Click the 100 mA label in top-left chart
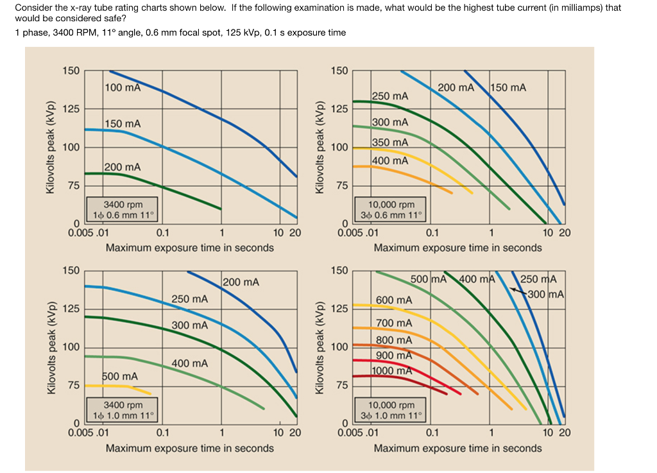point(123,87)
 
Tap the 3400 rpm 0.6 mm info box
point(123,210)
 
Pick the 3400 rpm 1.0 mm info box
point(123,410)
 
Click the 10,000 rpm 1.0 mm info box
point(392,410)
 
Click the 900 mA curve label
point(394,356)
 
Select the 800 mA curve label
point(394,340)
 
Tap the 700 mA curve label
point(394,323)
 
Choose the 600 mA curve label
point(394,300)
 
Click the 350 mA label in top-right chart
point(390,142)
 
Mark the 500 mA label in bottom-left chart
point(120,375)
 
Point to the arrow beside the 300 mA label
point(519,291)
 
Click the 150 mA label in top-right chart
point(508,87)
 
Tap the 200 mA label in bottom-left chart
point(241,282)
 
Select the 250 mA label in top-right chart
point(390,96)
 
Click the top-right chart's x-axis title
point(457,248)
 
